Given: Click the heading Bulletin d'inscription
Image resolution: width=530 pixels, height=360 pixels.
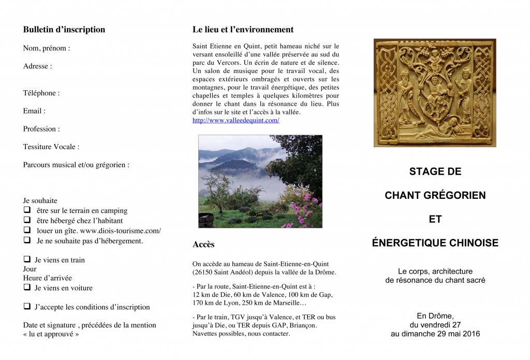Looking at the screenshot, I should [64, 30].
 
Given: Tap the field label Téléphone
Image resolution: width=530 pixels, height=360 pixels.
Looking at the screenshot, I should [41, 93].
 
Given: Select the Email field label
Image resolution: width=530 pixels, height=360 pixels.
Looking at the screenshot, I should [34, 111].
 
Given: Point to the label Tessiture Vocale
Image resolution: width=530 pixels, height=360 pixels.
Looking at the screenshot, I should [51, 147].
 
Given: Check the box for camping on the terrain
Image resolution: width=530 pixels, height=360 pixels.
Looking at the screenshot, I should [27, 211].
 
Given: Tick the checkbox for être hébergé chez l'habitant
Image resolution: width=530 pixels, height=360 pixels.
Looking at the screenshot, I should [27, 221].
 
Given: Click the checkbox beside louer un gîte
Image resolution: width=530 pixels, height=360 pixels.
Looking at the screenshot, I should [27, 231].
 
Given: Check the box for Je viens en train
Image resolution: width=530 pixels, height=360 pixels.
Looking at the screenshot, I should [27, 260].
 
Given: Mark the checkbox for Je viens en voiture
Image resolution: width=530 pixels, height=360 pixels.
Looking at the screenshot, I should [27, 287].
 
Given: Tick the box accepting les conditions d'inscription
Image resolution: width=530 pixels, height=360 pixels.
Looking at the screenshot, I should [27, 307].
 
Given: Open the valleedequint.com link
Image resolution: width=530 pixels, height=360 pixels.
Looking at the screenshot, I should [235, 120].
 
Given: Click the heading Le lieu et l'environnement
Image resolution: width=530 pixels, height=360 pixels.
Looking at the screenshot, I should [243, 30].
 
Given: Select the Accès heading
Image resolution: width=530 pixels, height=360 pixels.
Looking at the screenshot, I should [203, 244].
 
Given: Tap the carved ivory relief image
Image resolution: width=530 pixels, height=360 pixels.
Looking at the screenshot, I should [435, 93].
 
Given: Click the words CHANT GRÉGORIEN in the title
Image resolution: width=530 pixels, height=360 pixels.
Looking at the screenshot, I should [435, 195].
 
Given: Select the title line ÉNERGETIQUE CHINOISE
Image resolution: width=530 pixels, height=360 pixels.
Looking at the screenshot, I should [435, 243].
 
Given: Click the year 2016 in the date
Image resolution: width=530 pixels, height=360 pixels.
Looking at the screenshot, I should [470, 334].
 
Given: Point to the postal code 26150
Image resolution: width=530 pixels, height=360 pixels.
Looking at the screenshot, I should [203, 272].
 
